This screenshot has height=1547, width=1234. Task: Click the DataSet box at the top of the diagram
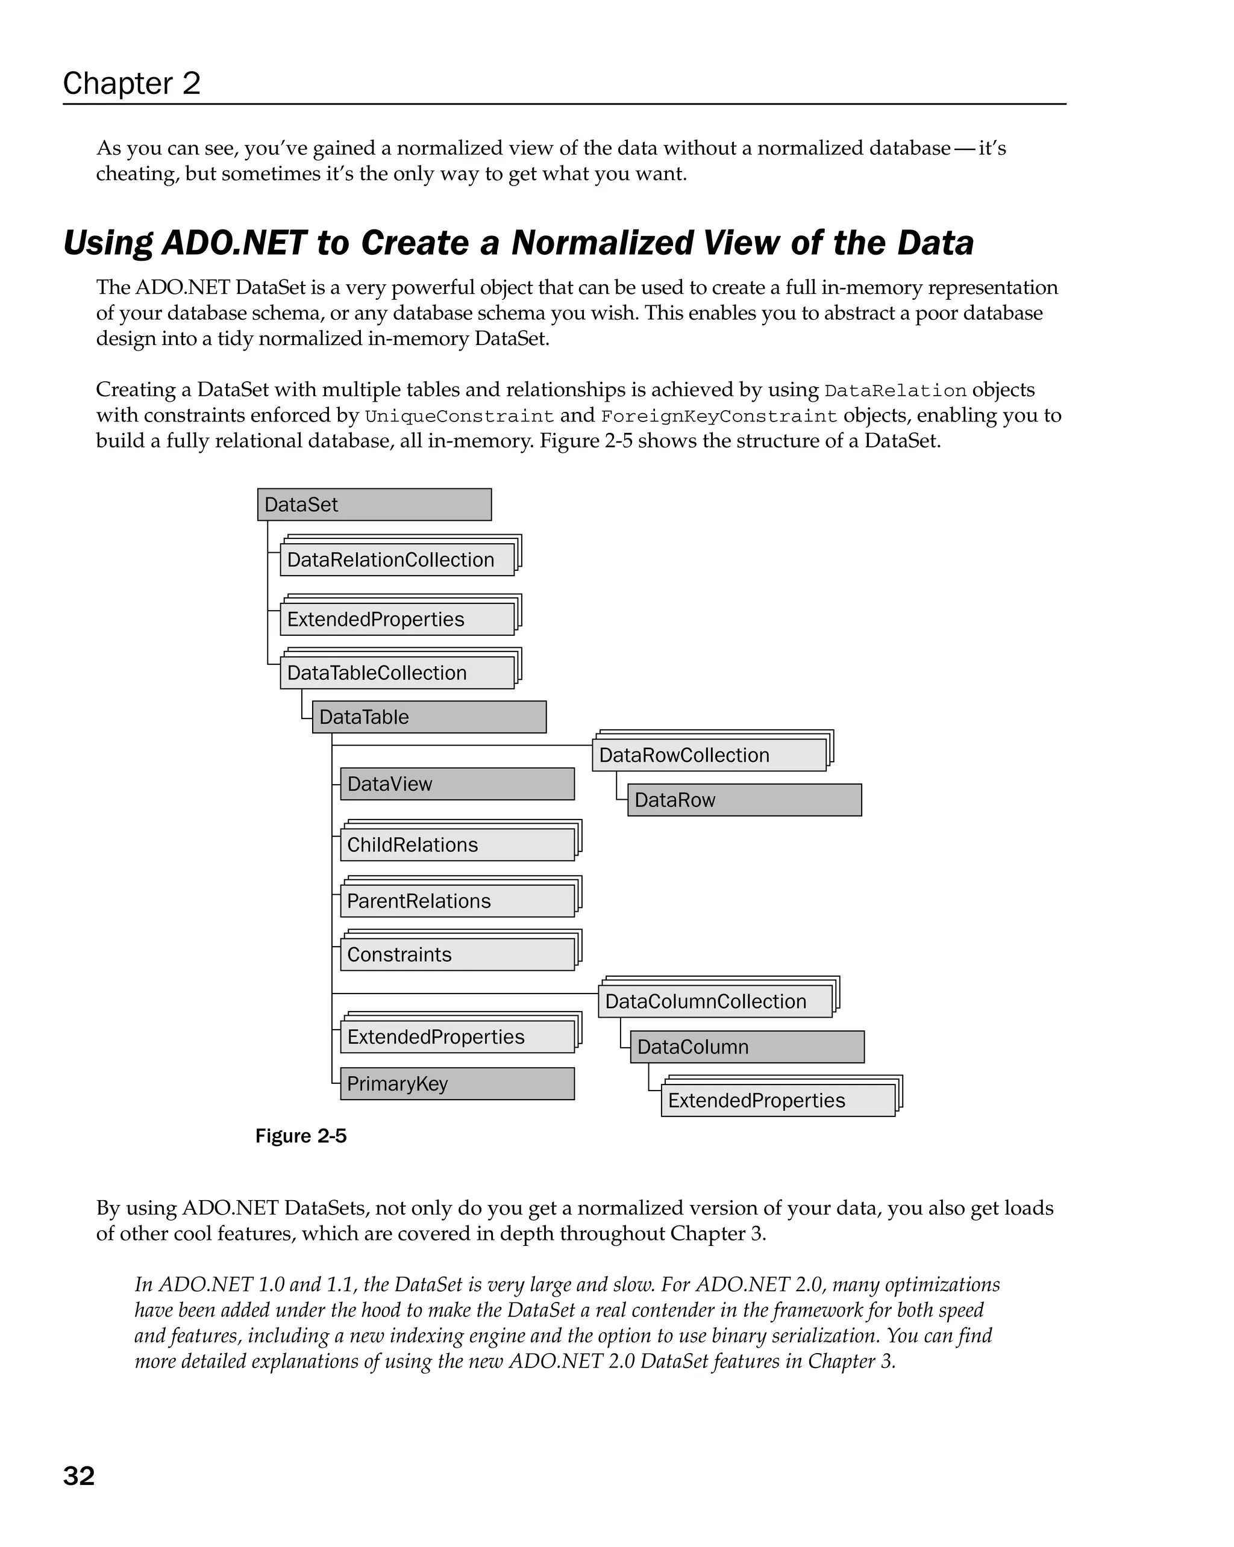click(374, 505)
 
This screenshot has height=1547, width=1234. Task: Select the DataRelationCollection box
click(397, 559)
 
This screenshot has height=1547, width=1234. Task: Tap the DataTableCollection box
click(397, 673)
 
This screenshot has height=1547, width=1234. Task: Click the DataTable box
click(428, 717)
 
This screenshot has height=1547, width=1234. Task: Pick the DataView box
click(457, 783)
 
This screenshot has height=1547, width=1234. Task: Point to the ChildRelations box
click(457, 844)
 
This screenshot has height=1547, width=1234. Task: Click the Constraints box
click(457, 954)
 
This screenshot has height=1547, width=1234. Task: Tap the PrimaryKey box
click(457, 1083)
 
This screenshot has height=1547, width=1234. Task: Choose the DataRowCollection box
click(709, 755)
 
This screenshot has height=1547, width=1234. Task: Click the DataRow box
click(744, 800)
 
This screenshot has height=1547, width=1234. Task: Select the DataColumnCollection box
click(715, 1001)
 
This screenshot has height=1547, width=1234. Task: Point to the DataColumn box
click(747, 1047)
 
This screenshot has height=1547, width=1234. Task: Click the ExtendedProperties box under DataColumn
click(777, 1100)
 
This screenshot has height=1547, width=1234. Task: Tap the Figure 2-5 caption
click(301, 1136)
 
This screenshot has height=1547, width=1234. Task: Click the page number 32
click(79, 1476)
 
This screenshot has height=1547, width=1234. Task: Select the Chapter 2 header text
click(131, 83)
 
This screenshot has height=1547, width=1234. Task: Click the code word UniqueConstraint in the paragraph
click(459, 416)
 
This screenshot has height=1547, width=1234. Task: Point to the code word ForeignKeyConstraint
click(719, 416)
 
